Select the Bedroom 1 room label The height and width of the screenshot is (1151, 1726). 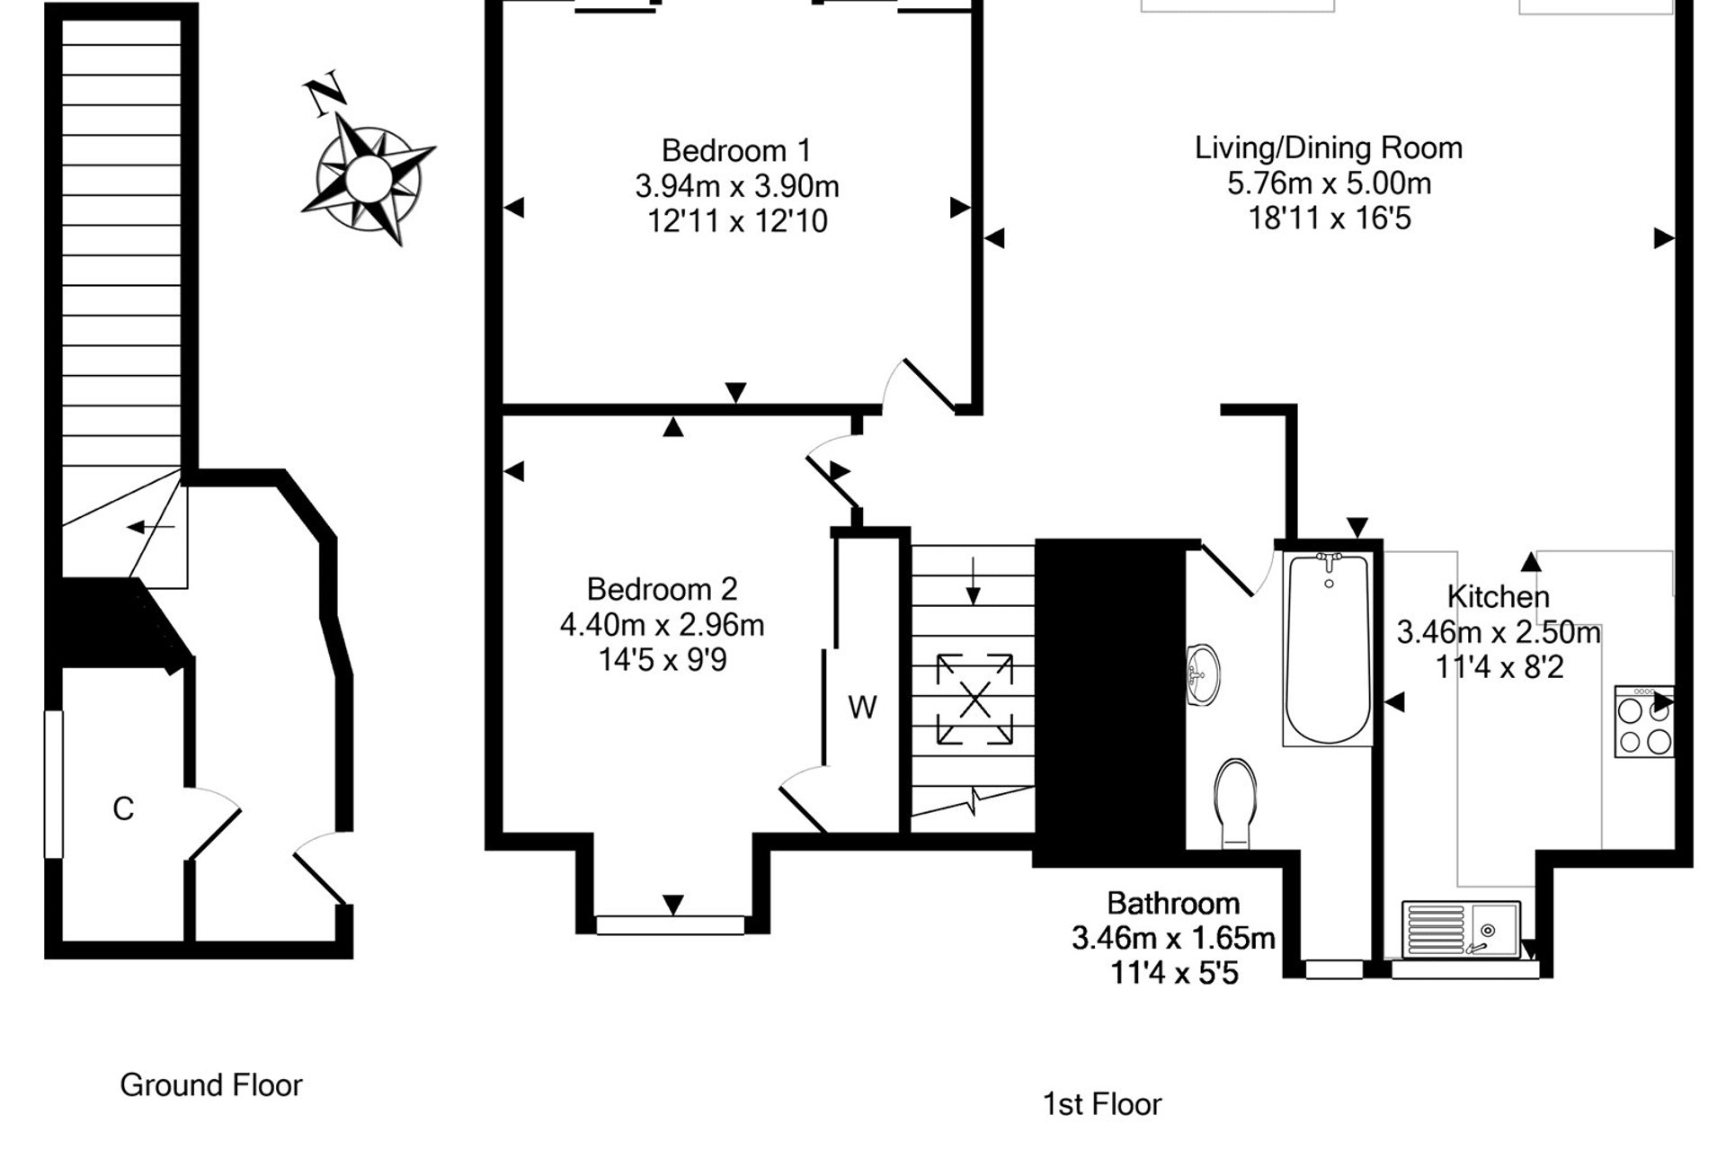(x=736, y=149)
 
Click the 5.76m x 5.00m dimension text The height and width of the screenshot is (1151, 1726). (x=1329, y=183)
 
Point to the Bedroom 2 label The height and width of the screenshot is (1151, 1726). (x=662, y=589)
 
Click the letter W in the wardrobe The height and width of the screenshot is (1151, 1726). (x=862, y=708)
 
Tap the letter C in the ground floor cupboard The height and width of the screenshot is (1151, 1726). (x=123, y=809)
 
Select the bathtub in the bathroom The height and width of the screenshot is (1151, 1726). (x=1328, y=647)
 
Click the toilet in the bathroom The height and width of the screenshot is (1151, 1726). (x=1235, y=802)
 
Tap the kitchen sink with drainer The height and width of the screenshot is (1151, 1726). (x=1461, y=929)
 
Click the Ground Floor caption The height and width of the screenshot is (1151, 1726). (x=211, y=1085)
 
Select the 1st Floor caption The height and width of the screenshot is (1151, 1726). (x=1102, y=1103)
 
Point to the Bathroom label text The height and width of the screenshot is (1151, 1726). (x=1173, y=903)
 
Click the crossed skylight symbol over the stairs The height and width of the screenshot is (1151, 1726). (x=974, y=700)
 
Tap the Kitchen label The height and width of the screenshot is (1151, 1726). (x=1498, y=596)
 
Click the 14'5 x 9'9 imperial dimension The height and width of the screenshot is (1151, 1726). (x=663, y=661)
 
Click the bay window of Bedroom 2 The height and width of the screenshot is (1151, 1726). (x=671, y=924)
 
